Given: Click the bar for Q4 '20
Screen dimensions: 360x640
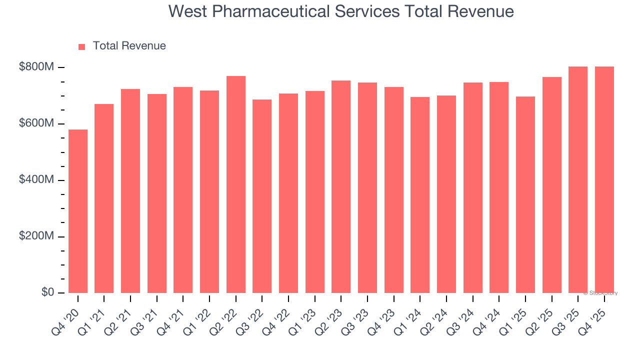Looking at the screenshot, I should coord(78,211).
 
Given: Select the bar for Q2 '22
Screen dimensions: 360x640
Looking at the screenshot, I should coord(236,184).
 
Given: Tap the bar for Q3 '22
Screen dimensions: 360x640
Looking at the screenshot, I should coord(262,196).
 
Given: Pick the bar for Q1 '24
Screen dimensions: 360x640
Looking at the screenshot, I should coord(420,195).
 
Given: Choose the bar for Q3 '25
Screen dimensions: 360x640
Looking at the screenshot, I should coord(578,179).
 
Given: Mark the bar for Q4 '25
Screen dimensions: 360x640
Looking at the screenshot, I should coord(604,179).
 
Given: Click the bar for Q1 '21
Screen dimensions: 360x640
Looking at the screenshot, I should coord(104,198).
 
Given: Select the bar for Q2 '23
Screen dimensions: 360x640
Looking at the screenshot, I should coord(341,186).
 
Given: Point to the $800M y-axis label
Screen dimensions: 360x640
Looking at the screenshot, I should coord(36,67).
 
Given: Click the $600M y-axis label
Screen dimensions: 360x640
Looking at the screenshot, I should coord(36,123).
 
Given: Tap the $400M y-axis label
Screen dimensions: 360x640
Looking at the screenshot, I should coord(36,179).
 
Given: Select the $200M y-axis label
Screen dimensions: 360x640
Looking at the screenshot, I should coord(36,236).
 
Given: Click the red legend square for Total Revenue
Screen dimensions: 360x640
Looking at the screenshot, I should coord(82,47).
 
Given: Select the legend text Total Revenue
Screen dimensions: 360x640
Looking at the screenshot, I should coord(129,46).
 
